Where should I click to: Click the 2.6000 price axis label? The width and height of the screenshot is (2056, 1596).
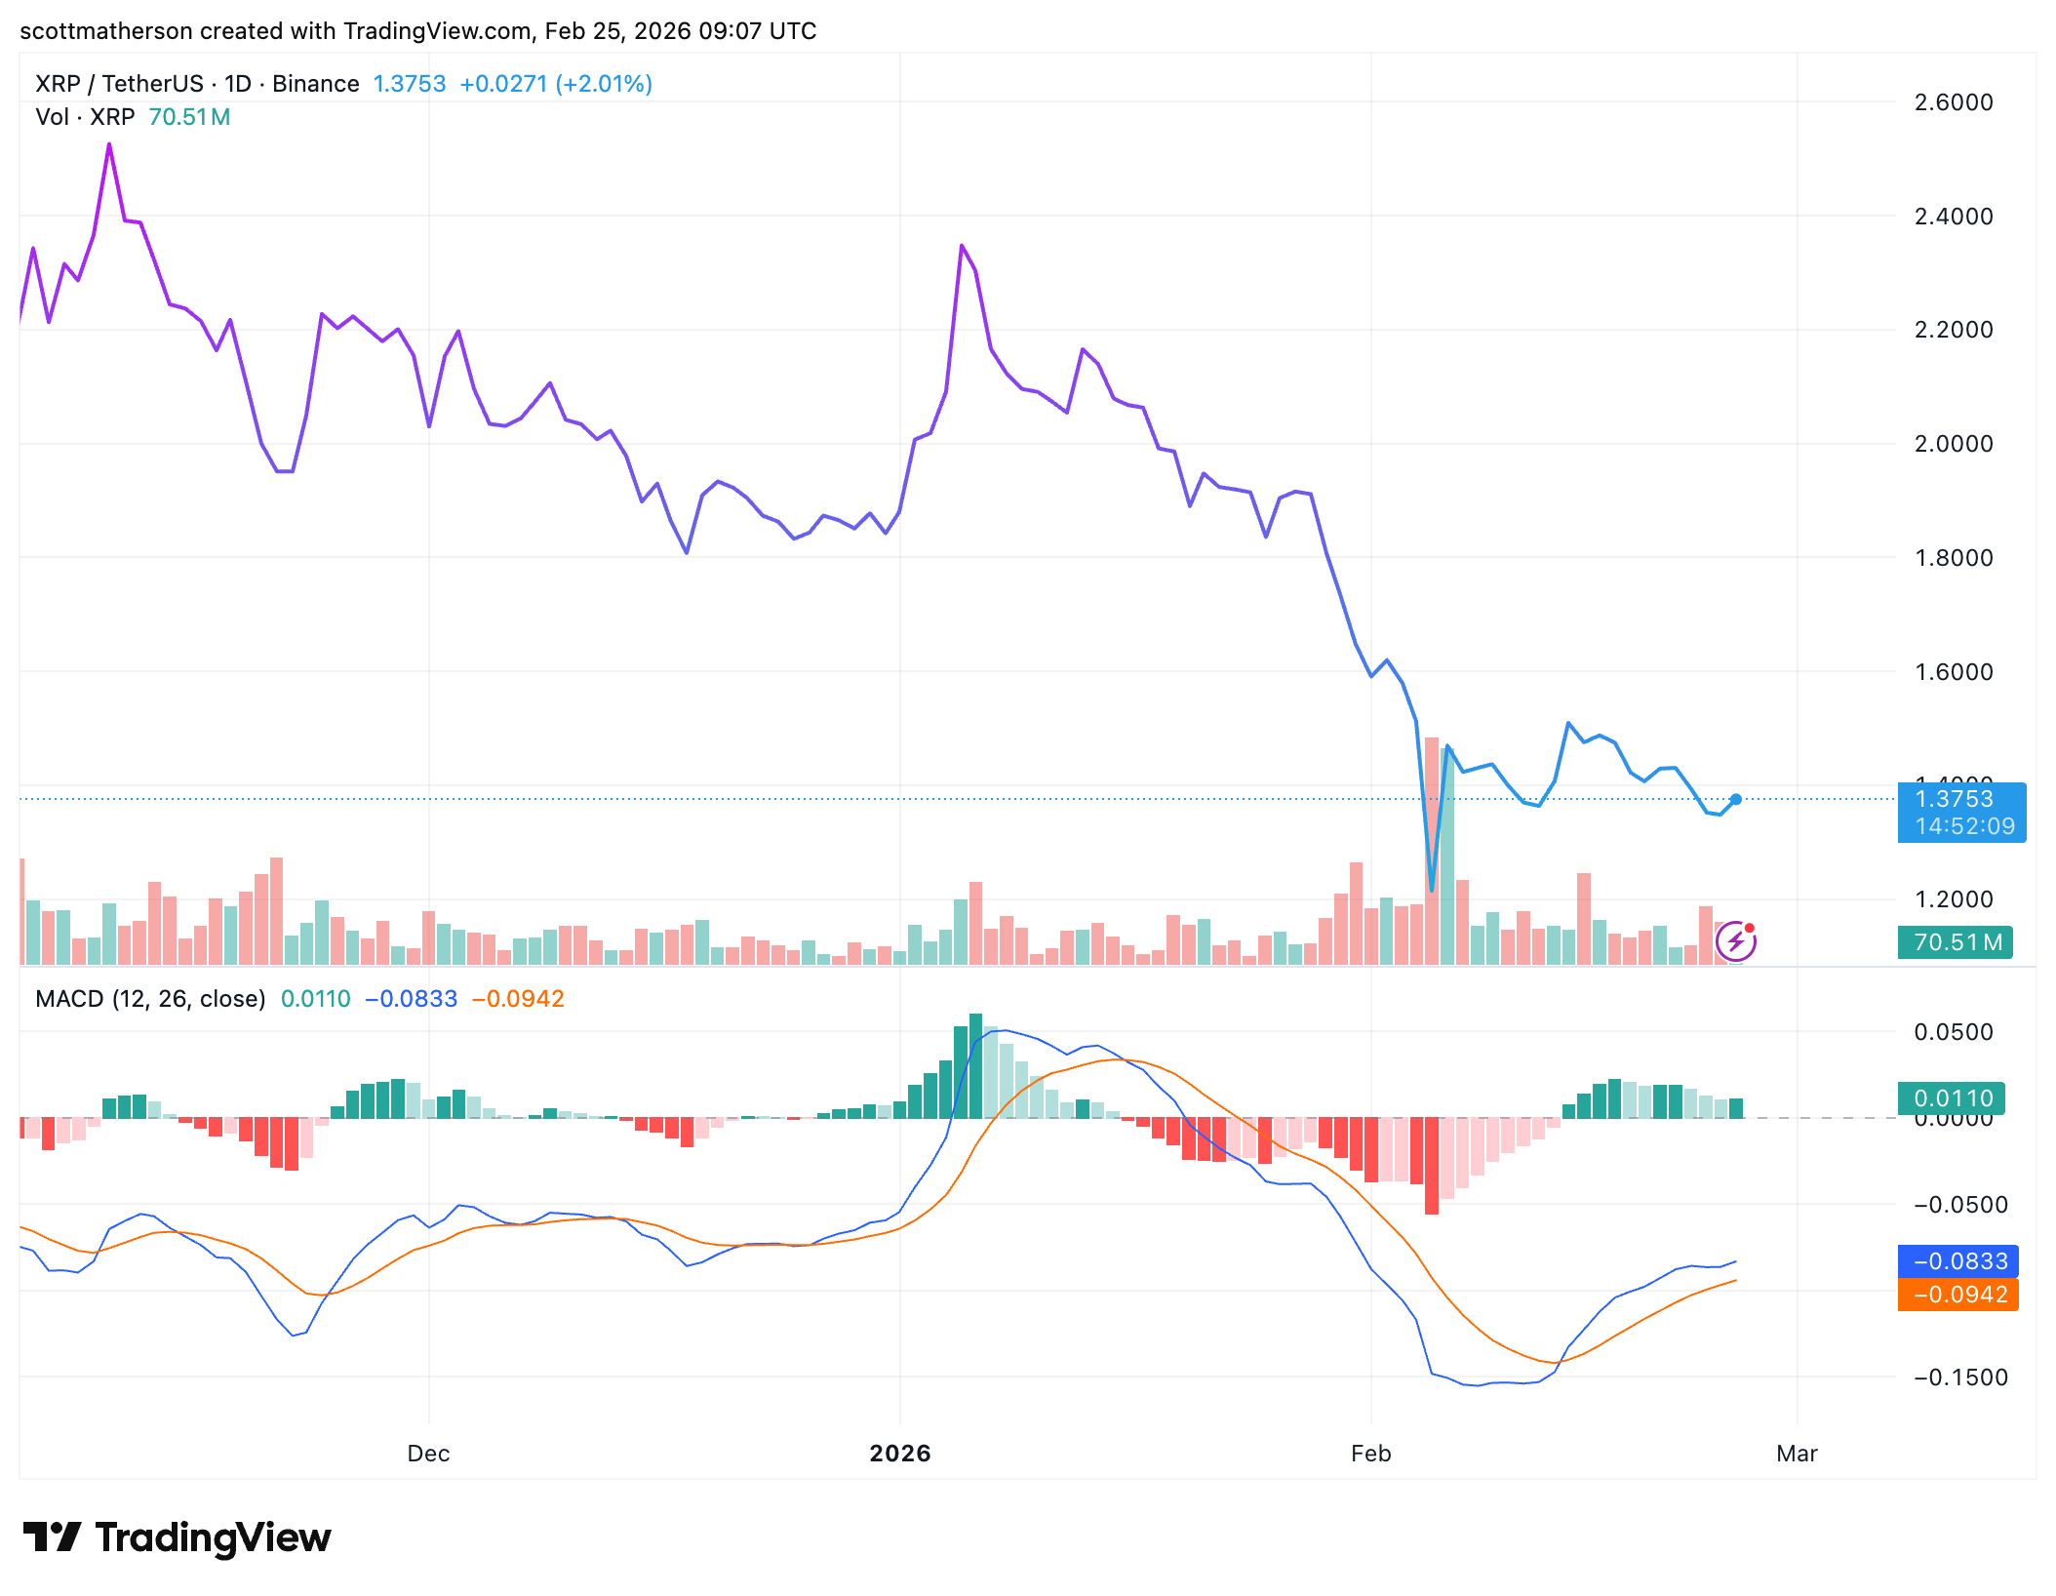point(1953,102)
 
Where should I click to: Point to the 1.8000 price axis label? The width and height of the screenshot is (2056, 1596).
point(1953,558)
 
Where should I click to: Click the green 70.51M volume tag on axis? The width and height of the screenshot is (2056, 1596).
point(1955,942)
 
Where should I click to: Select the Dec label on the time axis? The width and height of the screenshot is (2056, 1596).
point(428,1454)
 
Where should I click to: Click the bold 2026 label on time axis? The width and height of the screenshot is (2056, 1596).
point(899,1454)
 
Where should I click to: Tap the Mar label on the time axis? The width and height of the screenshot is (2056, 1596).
point(1797,1454)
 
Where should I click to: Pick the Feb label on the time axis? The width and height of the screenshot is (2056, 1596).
point(1370,1454)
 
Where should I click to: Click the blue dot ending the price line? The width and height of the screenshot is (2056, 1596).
point(1736,800)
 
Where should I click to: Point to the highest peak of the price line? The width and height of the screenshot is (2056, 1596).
point(109,145)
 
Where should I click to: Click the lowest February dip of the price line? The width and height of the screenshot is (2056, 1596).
point(1431,889)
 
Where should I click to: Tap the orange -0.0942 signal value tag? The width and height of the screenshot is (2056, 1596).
point(1957,1295)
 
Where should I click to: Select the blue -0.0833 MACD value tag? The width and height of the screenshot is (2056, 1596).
point(1957,1261)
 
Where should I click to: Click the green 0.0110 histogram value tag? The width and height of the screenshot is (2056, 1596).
point(1952,1098)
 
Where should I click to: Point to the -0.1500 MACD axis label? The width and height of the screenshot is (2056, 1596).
point(1960,1377)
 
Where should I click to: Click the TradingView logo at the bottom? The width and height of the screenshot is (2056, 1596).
point(178,1537)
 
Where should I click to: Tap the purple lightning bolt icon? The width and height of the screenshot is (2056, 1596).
point(1735,941)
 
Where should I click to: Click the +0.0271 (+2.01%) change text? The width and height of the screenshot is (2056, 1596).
point(555,84)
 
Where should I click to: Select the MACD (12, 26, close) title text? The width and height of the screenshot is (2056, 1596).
point(150,999)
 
